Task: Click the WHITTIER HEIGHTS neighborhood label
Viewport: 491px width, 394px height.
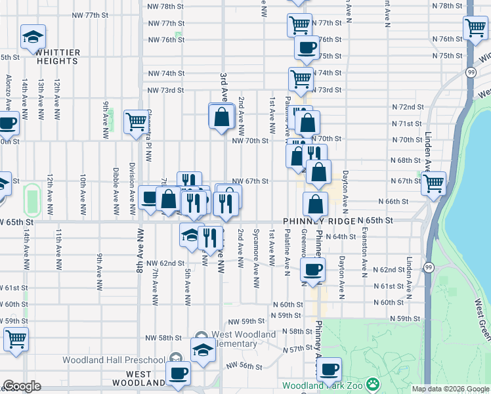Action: pyautogui.click(x=58, y=56)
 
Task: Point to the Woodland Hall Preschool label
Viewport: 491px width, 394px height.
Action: pyautogui.click(x=114, y=360)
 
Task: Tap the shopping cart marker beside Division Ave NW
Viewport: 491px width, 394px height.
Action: pyautogui.click(x=136, y=121)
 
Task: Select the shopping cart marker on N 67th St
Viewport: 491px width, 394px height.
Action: pyautogui.click(x=434, y=183)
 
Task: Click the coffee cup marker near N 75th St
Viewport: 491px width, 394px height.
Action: pyautogui.click(x=306, y=47)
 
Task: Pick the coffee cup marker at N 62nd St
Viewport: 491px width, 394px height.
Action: pyautogui.click(x=313, y=268)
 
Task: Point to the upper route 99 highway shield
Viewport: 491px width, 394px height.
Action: pyautogui.click(x=471, y=72)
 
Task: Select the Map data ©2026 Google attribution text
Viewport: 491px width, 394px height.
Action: pyautogui.click(x=450, y=389)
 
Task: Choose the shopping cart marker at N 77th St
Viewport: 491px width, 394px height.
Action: pyautogui.click(x=299, y=25)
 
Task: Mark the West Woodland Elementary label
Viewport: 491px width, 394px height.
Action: pyautogui.click(x=226, y=339)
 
